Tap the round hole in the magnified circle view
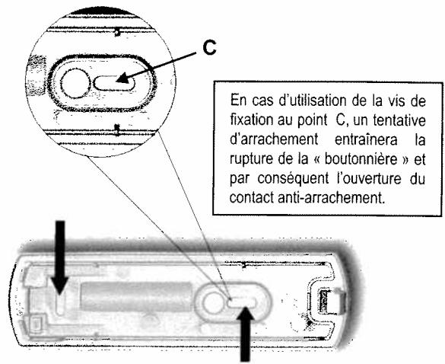pyautogui.click(x=75, y=83)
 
